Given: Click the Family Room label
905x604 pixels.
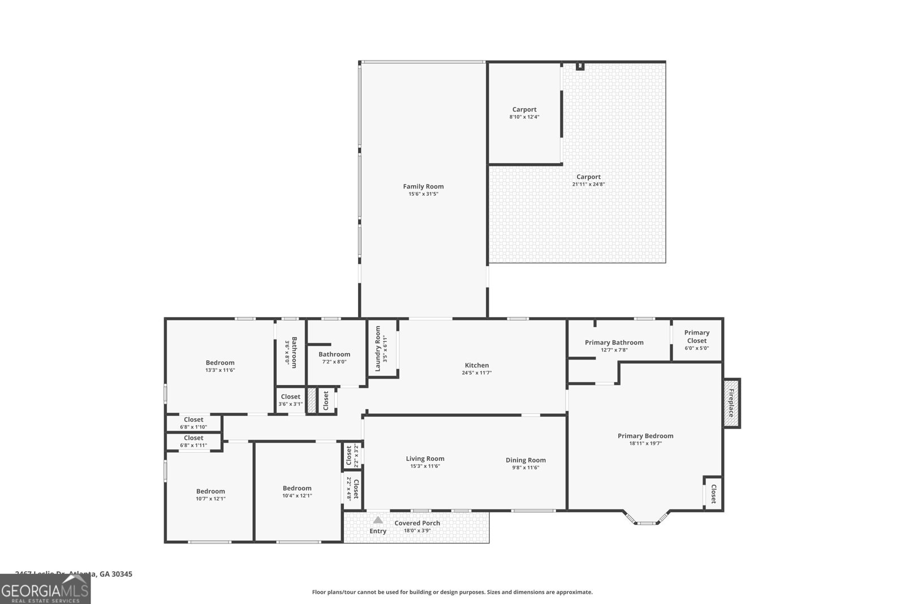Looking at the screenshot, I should [423, 186].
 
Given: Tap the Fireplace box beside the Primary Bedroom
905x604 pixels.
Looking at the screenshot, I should [731, 403].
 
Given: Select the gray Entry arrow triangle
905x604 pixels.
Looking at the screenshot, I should [378, 520].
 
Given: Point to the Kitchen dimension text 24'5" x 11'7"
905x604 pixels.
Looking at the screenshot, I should [477, 373].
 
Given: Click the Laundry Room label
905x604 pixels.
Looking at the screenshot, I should [378, 349].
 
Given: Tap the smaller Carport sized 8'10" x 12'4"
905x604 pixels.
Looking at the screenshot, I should [524, 113].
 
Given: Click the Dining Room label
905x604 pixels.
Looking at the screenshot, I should [525, 460].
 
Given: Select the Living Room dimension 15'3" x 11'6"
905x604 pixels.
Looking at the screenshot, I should [425, 466].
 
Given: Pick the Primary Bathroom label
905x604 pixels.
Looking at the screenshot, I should [614, 342].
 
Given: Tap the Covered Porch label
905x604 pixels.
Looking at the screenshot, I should [417, 523].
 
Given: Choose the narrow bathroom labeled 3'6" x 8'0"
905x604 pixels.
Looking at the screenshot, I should [291, 353].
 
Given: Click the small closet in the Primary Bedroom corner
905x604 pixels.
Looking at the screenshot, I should [713, 493].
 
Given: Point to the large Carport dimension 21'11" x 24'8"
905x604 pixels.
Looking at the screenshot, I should [588, 184].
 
